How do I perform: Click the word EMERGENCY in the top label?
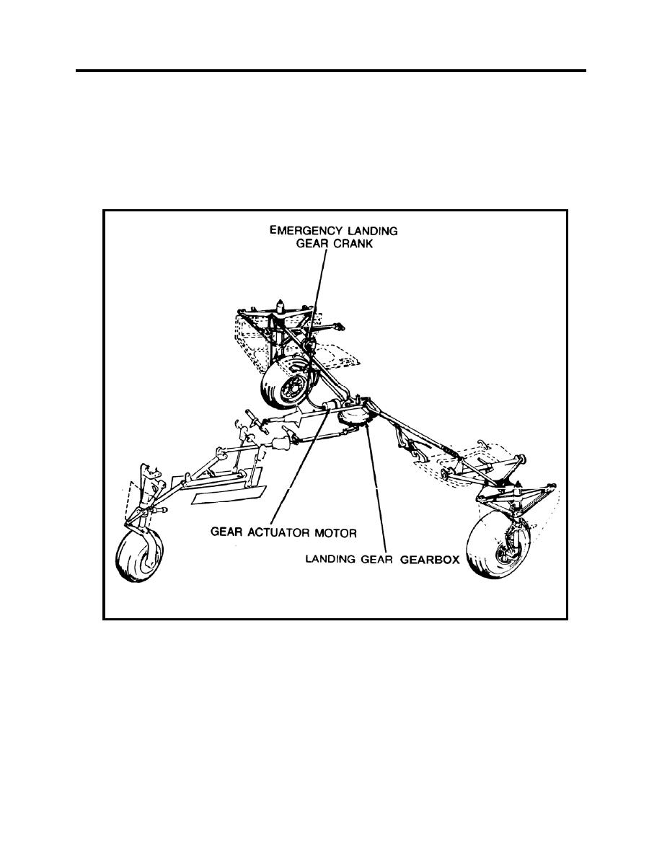[x=303, y=230]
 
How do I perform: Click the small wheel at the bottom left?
[x=140, y=557]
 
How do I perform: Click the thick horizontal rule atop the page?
[x=331, y=71]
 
